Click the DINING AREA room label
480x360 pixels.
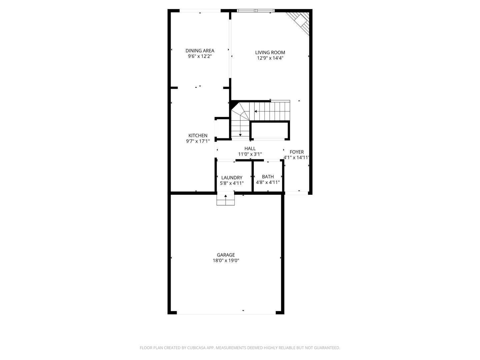(200, 51)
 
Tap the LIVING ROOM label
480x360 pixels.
(270, 52)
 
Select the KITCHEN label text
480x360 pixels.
(198, 135)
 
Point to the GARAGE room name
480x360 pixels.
(226, 255)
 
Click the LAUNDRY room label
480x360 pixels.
(232, 178)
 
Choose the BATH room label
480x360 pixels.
(268, 177)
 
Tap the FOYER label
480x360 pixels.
(297, 152)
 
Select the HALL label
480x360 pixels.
(250, 149)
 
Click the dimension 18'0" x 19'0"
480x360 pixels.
(226, 261)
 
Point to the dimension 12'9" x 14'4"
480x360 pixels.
(270, 58)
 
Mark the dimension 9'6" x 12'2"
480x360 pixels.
(200, 56)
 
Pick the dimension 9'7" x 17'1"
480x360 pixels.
(198, 141)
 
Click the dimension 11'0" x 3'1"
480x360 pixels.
(250, 154)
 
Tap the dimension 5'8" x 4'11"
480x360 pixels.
(232, 183)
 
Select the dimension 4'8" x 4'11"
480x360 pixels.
(268, 182)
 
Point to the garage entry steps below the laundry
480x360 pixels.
(226, 200)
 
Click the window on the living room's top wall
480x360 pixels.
(256, 11)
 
